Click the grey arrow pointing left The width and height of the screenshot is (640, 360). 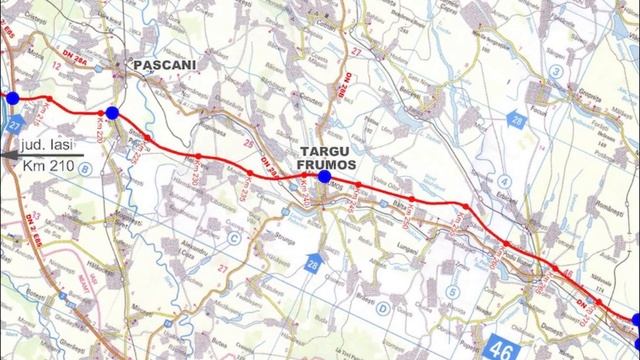click(7, 152)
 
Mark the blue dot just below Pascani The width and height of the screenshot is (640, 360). click(113, 113)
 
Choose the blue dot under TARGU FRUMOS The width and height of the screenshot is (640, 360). click(324, 177)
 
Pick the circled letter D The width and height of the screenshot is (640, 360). click(383, 310)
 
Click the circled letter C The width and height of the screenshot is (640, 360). click(233, 239)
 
